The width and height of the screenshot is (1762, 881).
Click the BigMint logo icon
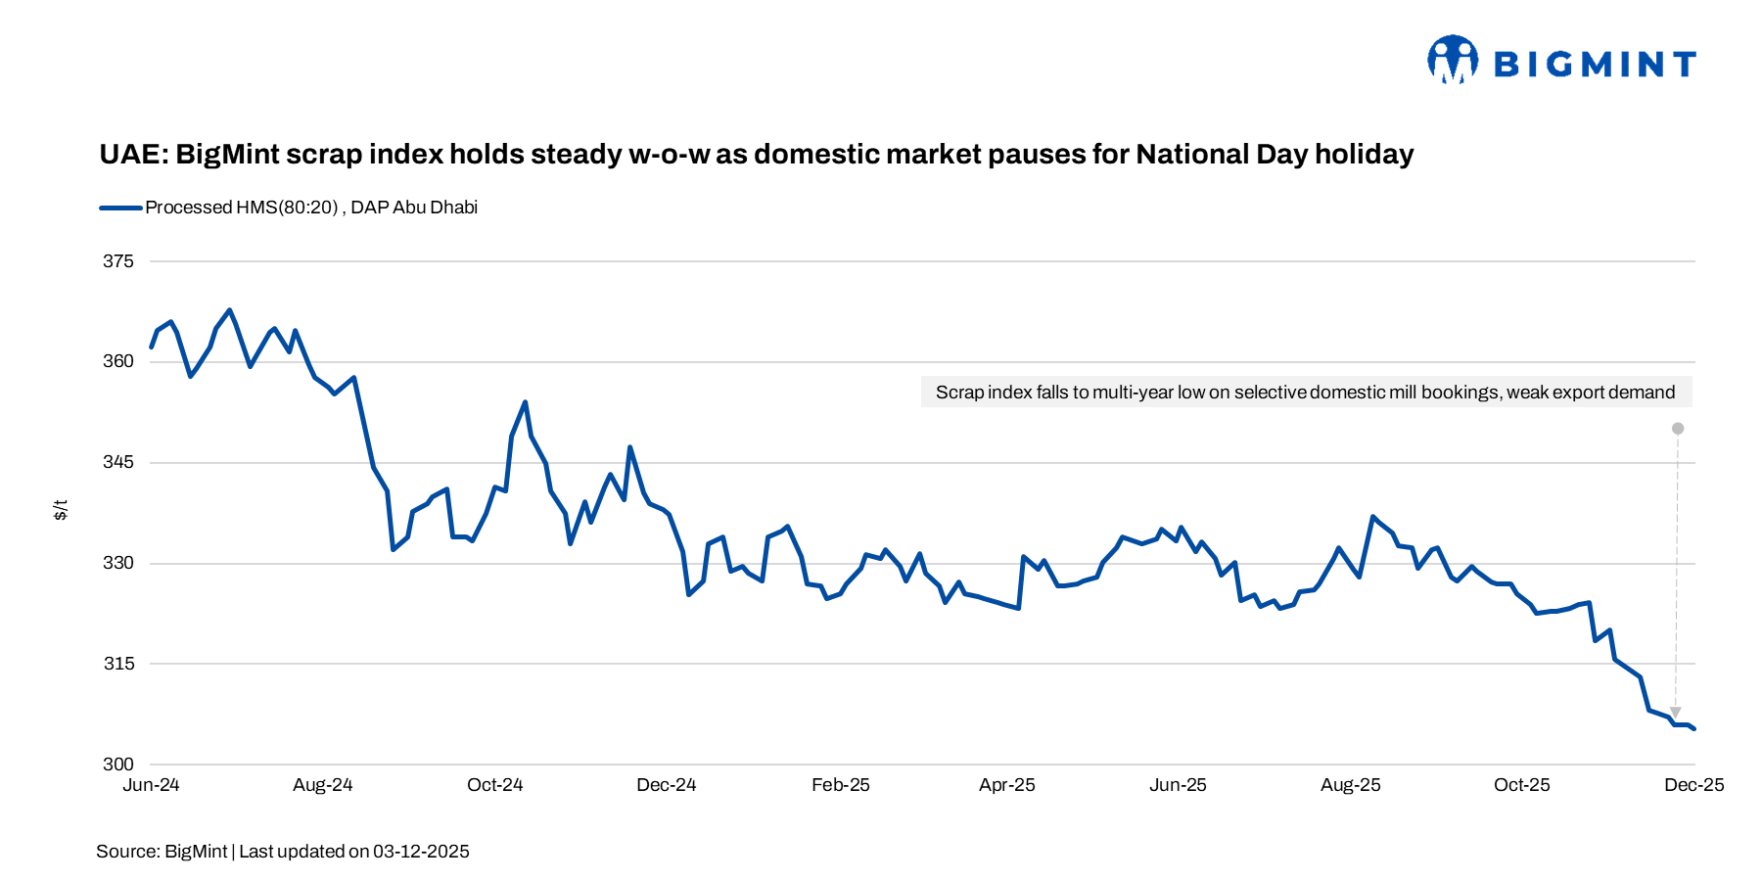1453,61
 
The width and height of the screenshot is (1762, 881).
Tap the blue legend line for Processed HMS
120,208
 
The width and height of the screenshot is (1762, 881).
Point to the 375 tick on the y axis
118,261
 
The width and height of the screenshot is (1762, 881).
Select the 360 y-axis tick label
118,361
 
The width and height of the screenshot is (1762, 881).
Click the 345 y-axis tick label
118,462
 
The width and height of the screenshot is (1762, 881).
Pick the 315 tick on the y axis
118,664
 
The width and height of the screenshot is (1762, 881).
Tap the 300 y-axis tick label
118,765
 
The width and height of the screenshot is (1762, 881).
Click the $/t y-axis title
61,510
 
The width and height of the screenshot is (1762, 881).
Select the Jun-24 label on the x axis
151,785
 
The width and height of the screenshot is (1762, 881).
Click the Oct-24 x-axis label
495,785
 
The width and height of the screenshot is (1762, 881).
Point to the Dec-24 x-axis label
667,785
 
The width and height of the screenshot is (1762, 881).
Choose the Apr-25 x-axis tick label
1007,785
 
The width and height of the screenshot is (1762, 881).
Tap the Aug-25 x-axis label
1351,785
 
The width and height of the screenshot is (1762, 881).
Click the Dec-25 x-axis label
1694,785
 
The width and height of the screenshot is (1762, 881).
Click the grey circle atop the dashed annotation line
1678,429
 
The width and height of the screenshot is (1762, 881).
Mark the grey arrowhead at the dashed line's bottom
1676,713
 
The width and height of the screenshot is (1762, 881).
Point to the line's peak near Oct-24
526,402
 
